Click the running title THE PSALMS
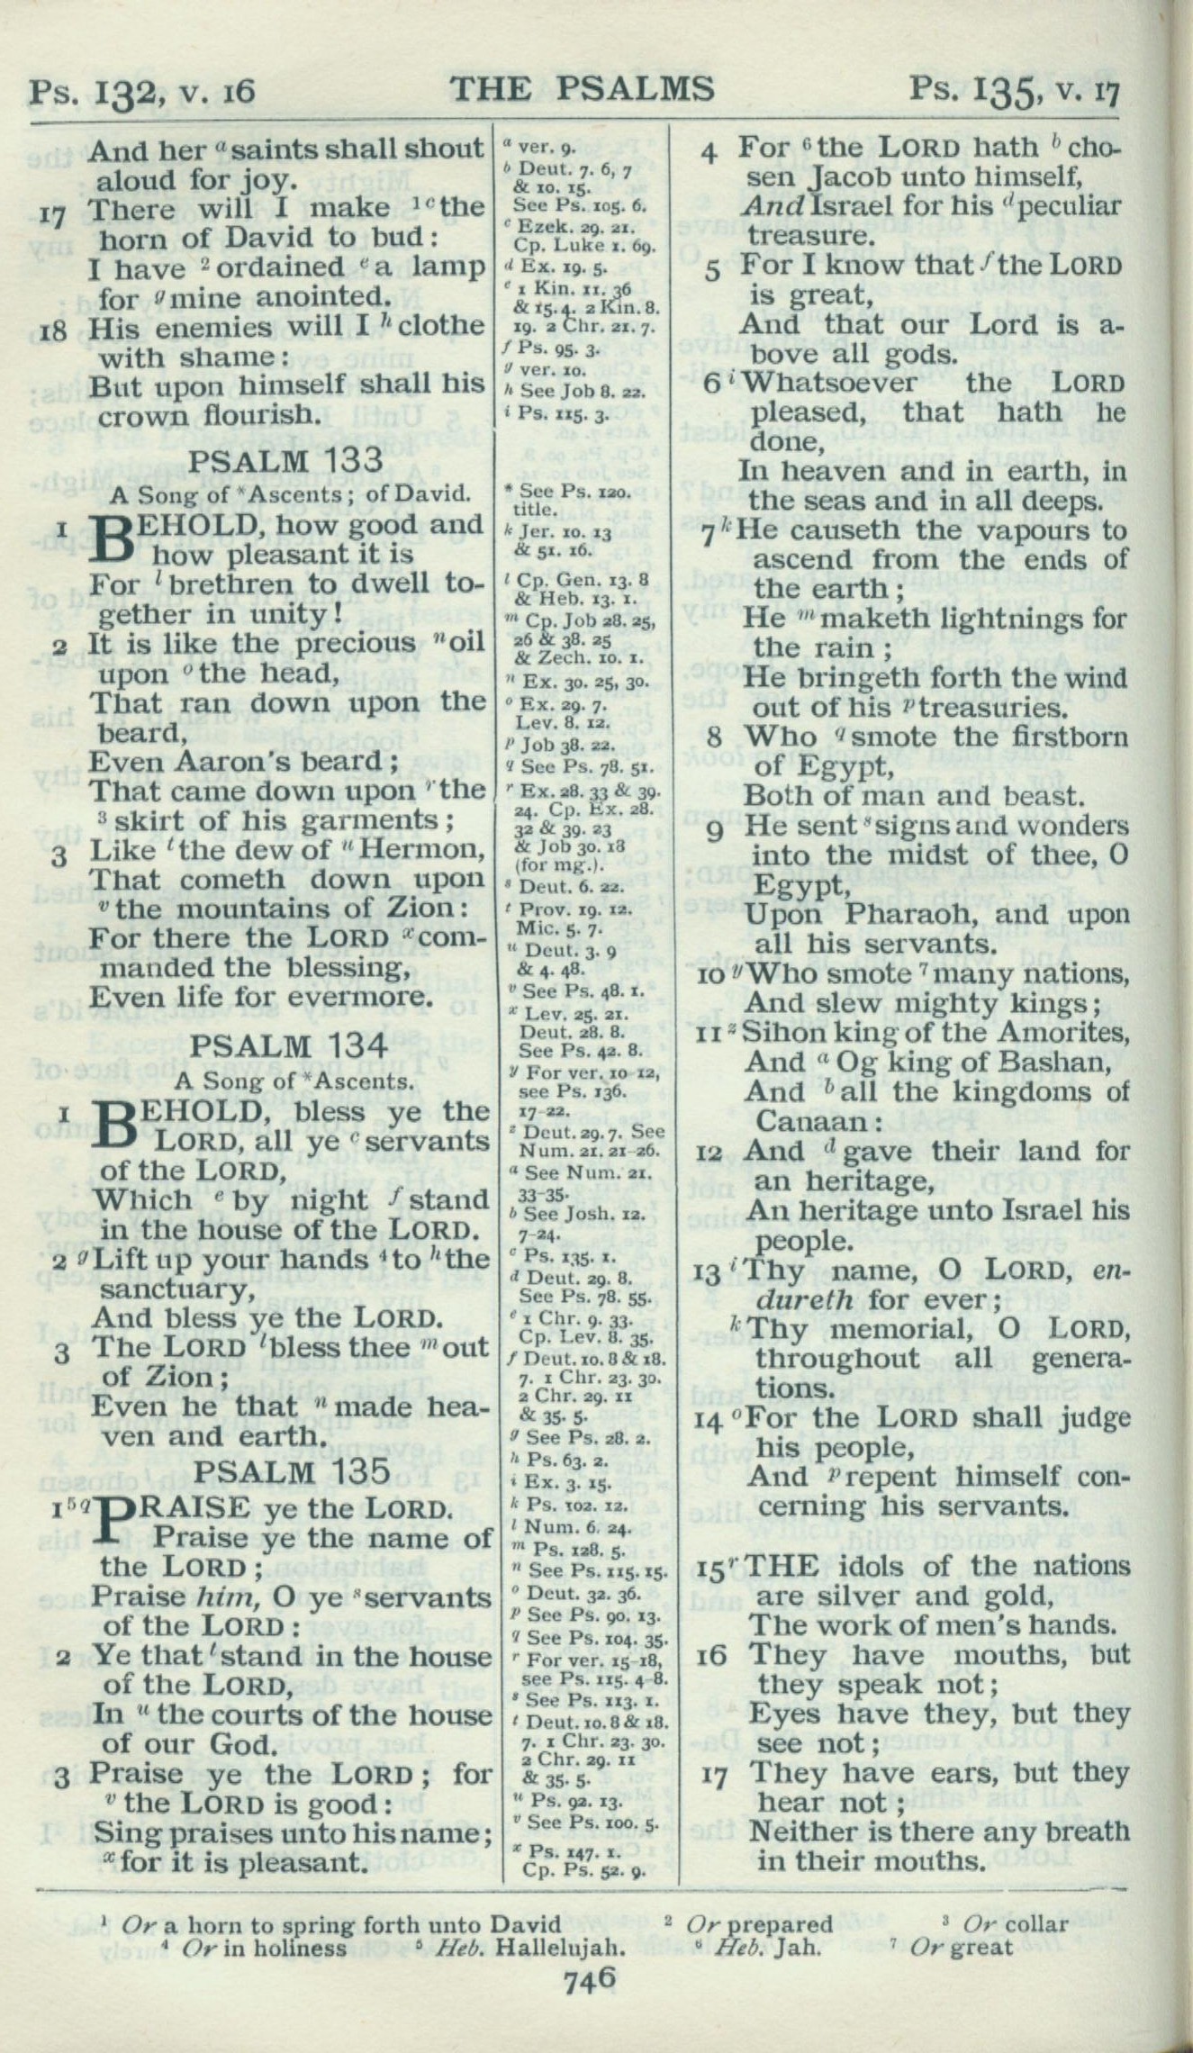[583, 89]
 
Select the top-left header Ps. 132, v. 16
[142, 91]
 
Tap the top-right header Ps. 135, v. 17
[1013, 89]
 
